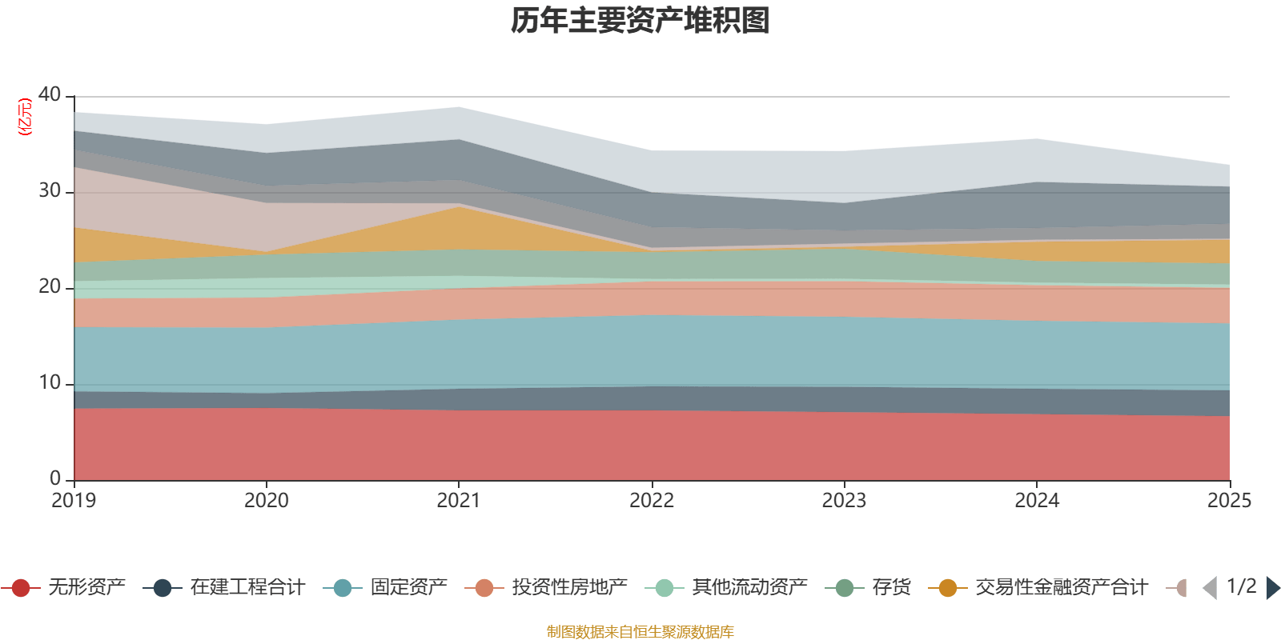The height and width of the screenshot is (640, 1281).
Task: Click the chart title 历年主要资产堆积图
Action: (x=640, y=21)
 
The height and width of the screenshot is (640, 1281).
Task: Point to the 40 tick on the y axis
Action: (x=50, y=94)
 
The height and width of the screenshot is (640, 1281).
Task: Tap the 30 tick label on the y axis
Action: (x=50, y=190)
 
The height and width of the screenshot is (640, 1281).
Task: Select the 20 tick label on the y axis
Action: (x=50, y=286)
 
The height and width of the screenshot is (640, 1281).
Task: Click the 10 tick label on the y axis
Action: (x=50, y=382)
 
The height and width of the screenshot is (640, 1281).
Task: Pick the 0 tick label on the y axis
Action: (x=54, y=478)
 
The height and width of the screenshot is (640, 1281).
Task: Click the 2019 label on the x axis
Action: (x=74, y=501)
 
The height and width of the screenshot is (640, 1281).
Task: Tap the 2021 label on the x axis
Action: (x=459, y=501)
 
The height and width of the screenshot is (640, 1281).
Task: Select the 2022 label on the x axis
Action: (x=652, y=501)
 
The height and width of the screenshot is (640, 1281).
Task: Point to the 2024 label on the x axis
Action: (x=1037, y=501)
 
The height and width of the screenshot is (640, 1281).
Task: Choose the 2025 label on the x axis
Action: (x=1229, y=501)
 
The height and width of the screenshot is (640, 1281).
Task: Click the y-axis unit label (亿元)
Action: (x=26, y=117)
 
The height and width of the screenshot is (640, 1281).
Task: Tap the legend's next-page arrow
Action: (x=1272, y=588)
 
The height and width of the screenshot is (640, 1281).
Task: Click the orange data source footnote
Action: (x=640, y=632)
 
